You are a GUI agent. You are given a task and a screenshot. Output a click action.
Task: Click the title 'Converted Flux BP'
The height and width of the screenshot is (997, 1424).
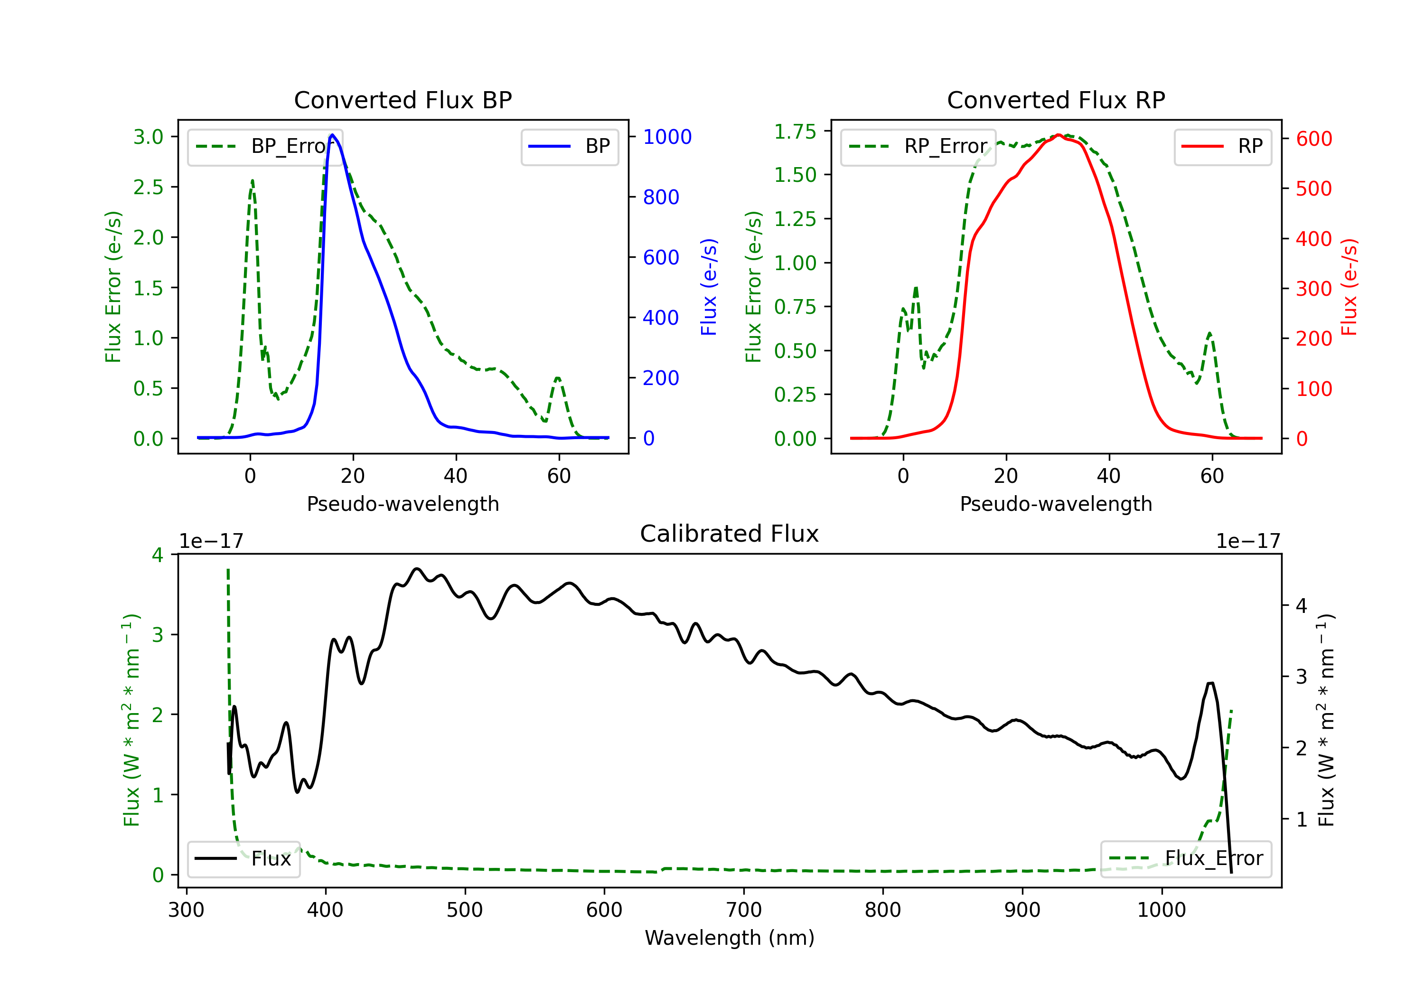pos(403,100)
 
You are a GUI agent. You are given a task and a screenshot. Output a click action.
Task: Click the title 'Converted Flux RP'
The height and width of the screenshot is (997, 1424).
pos(1056,100)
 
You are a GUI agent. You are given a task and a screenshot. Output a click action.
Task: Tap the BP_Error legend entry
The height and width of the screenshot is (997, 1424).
pos(265,146)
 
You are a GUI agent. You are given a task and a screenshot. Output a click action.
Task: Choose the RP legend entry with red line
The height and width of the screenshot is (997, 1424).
pos(1222,146)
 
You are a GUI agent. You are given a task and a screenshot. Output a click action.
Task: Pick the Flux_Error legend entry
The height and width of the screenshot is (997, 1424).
pos(1185,859)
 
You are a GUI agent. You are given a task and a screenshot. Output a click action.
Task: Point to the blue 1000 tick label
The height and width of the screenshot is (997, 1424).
pos(667,137)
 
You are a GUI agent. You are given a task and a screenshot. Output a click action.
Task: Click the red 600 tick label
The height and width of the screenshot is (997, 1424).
pos(1313,139)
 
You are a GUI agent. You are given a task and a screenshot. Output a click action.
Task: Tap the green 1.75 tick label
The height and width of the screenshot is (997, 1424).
pos(795,132)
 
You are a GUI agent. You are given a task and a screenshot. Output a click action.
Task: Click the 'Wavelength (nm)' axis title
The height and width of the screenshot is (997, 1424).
pos(730,938)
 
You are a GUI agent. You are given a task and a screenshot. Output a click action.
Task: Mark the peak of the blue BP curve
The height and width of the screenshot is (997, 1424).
pos(332,135)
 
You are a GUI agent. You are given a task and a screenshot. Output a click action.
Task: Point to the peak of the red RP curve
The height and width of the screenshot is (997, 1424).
pos(1058,135)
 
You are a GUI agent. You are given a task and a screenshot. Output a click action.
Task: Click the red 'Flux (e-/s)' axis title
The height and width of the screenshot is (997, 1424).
pos(1349,287)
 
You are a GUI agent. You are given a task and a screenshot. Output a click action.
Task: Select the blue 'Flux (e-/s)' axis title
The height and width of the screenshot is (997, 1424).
pos(708,287)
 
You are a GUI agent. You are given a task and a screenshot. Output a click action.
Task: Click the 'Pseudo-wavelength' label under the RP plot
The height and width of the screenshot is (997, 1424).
pos(1056,504)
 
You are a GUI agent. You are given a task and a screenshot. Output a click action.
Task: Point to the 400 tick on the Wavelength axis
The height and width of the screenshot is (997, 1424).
pos(326,910)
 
